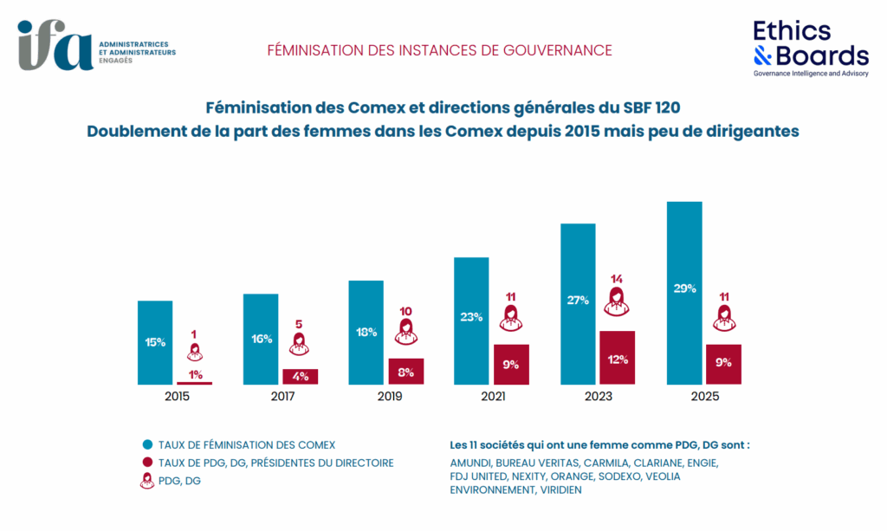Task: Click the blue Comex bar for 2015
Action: pyautogui.click(x=155, y=342)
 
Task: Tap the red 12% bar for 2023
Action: pyautogui.click(x=617, y=358)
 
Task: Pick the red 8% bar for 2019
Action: pyautogui.click(x=405, y=371)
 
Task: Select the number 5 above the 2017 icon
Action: pyautogui.click(x=300, y=325)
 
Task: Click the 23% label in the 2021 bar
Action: pyautogui.click(x=471, y=317)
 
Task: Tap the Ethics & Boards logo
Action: pyautogui.click(x=811, y=48)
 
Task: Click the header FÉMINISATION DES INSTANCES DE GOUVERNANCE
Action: pyautogui.click(x=439, y=50)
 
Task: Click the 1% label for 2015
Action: pyautogui.click(x=195, y=374)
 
